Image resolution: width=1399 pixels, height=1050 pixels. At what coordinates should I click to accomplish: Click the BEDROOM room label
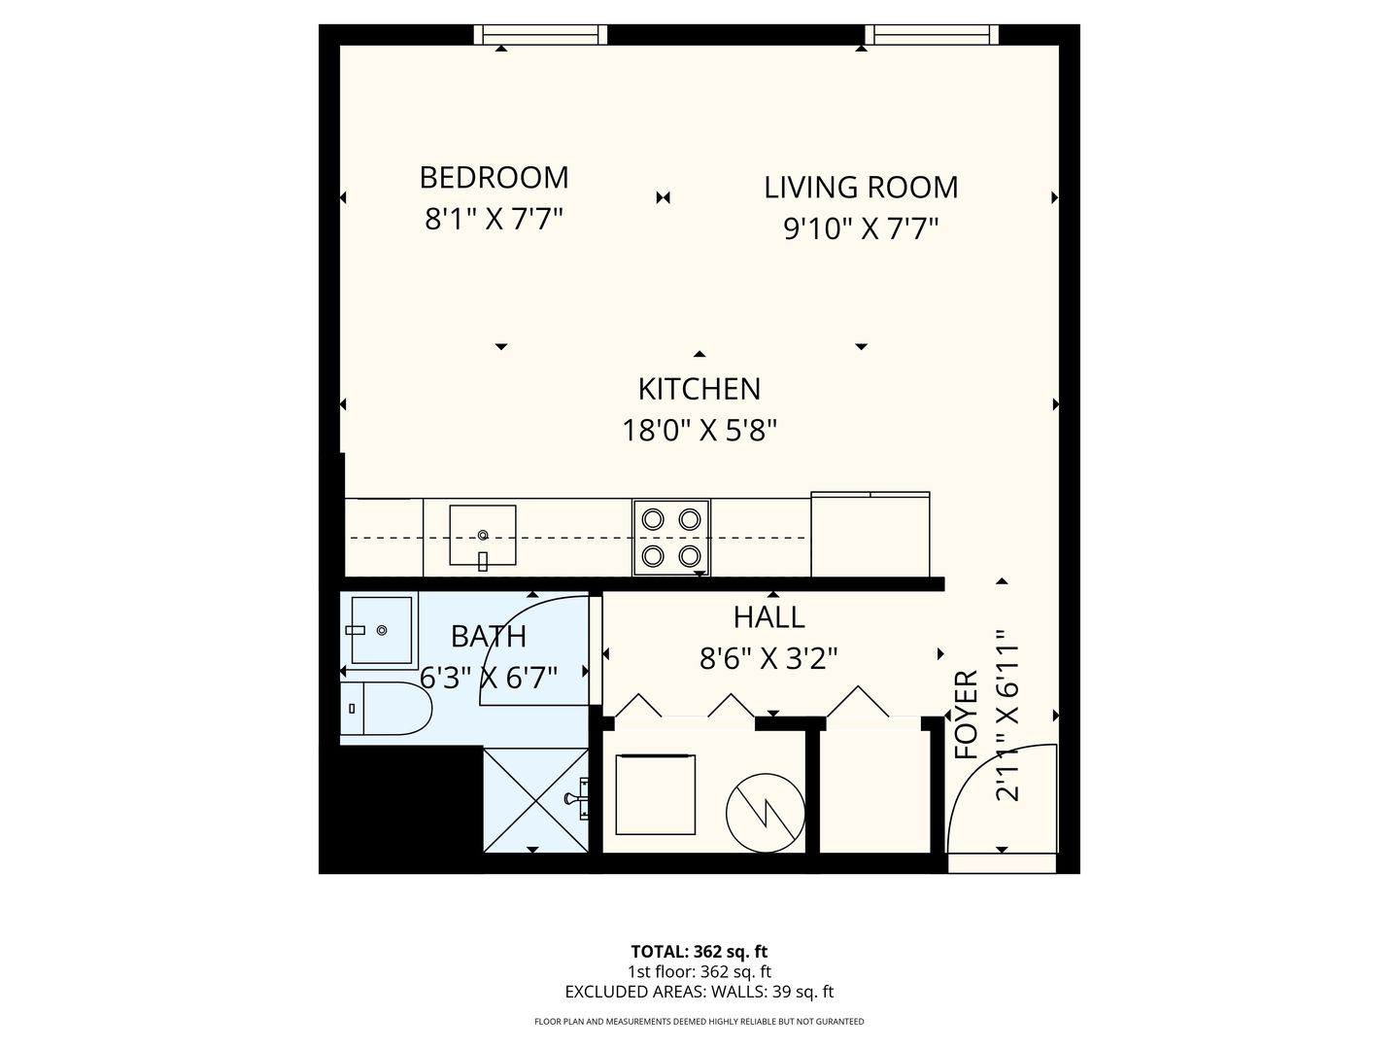(494, 177)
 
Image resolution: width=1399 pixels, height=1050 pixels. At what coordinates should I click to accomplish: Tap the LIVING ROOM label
(861, 187)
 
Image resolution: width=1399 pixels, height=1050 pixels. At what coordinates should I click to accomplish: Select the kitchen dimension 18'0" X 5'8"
(699, 429)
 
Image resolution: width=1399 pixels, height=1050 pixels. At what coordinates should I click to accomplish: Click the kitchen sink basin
(482, 535)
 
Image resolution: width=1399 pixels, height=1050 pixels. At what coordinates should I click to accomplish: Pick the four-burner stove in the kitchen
(671, 537)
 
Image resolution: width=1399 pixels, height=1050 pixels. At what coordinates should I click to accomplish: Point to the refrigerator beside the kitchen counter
(870, 535)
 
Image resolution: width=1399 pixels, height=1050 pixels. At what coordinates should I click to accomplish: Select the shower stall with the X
(535, 799)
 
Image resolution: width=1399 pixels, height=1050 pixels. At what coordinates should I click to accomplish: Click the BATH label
(489, 637)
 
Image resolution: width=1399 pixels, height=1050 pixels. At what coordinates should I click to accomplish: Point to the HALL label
(768, 616)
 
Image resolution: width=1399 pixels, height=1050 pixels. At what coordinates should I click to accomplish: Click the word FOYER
(966, 715)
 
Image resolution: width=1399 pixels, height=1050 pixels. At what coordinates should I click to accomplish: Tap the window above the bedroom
(540, 35)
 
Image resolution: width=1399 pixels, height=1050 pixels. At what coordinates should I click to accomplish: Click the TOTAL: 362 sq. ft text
(699, 952)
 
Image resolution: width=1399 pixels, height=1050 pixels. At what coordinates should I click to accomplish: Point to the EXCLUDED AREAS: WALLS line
(699, 993)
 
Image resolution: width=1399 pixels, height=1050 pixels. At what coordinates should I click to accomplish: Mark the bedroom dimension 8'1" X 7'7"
(494, 218)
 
